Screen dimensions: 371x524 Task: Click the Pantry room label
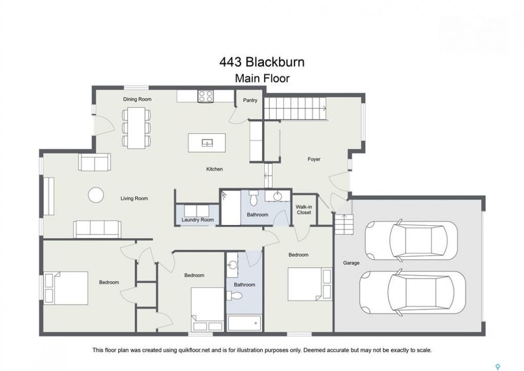point(250,100)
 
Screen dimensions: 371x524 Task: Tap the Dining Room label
point(137,99)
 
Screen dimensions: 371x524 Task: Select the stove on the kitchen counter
point(206,96)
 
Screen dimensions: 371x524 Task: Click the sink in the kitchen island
point(207,143)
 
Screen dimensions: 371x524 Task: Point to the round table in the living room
point(96,194)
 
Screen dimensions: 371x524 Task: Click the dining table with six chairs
point(136,127)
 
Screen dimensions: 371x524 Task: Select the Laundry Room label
point(197,220)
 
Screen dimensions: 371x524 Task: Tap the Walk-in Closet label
point(303,210)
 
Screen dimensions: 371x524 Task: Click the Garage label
point(351,263)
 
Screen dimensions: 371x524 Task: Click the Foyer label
point(314,159)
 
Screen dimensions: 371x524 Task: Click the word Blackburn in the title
point(275,62)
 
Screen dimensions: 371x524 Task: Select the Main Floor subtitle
point(262,79)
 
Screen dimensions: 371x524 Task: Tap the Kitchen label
point(214,169)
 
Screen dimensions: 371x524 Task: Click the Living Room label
point(134,198)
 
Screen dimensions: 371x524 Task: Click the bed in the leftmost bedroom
point(66,288)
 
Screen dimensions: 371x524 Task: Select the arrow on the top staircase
point(324,108)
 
